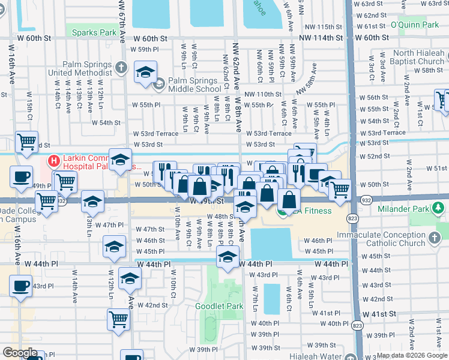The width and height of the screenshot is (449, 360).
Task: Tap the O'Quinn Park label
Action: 415,25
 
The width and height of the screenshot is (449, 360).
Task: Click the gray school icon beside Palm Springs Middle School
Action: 159,85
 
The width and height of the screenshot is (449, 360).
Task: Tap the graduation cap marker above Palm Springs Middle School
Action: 145,73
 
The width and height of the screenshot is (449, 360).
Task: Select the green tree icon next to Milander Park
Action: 439,208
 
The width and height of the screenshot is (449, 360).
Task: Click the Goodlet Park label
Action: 219,306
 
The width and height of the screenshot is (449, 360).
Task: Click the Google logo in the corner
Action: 20,353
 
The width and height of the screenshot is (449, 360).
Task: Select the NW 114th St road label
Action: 321,37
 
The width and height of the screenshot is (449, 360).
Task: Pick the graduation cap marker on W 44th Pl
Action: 228,257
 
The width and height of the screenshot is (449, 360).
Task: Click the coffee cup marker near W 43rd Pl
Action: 22,286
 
